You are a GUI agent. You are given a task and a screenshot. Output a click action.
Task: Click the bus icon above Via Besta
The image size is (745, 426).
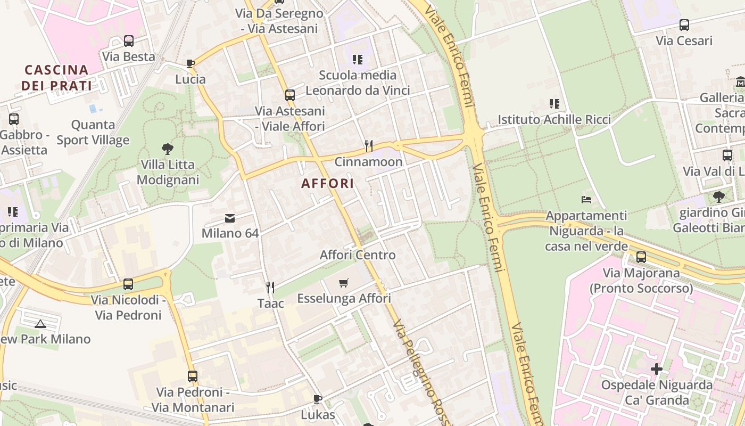[128, 41]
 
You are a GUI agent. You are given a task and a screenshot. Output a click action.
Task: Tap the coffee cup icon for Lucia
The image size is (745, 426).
[191, 64]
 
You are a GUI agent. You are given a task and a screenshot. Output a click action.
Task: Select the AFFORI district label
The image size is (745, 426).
[327, 184]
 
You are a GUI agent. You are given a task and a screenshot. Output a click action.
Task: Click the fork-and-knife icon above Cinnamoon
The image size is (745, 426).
[368, 145]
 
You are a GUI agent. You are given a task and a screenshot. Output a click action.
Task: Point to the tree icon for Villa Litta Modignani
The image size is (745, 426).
[168, 149]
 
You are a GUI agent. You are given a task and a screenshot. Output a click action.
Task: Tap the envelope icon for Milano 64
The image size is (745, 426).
[230, 218]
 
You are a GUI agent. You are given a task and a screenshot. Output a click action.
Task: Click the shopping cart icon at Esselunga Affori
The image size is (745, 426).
[344, 283]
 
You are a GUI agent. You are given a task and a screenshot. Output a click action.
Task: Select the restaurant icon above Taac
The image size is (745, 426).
[270, 288]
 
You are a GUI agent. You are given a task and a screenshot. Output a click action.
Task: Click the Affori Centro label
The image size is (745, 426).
[358, 255]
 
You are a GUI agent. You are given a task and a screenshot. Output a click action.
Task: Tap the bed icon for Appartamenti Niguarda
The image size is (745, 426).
[586, 200]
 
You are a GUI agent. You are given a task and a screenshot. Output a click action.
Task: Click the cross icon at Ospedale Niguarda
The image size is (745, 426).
[656, 368]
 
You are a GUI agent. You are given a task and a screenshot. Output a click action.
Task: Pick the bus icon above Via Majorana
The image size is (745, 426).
[641, 257]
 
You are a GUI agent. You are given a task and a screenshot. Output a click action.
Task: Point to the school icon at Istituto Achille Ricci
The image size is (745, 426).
[554, 104]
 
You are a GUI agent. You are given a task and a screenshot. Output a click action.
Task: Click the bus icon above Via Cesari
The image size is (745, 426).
[684, 25]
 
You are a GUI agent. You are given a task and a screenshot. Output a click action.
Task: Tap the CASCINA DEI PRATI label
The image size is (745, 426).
[56, 77]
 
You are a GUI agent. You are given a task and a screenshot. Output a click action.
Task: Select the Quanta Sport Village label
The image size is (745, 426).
[93, 133]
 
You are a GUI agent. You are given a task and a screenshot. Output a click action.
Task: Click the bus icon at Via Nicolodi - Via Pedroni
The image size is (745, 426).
[128, 284]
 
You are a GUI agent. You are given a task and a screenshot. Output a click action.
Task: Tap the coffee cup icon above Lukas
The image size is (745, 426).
[318, 399]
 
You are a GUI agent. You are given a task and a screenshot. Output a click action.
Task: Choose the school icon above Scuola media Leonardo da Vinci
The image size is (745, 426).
[358, 60]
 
